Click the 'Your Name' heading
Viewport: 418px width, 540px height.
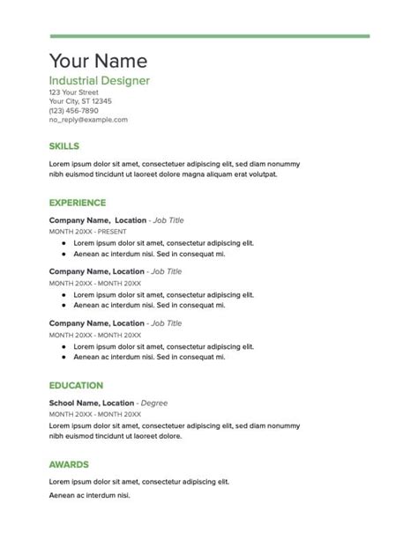click(x=98, y=61)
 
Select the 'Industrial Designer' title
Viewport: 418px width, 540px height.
click(x=99, y=81)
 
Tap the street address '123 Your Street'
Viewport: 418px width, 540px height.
click(x=73, y=92)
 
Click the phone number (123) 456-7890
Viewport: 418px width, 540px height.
click(x=74, y=110)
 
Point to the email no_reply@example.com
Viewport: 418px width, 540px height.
click(x=88, y=120)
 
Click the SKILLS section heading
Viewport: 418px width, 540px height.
click(x=64, y=145)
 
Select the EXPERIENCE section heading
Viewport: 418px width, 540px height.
click(x=78, y=202)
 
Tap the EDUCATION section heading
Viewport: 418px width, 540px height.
click(x=76, y=385)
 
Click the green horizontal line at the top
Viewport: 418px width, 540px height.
click(x=209, y=36)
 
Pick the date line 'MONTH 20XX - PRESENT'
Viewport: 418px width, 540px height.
click(x=87, y=231)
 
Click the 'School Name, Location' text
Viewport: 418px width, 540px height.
click(x=92, y=403)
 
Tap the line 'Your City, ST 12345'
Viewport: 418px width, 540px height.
click(x=80, y=101)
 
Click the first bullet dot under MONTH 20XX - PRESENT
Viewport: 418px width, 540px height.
click(x=63, y=242)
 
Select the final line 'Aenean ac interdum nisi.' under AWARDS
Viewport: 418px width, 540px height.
click(x=89, y=496)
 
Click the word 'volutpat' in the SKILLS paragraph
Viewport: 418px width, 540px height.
click(x=257, y=174)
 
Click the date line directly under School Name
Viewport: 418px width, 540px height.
click(x=94, y=413)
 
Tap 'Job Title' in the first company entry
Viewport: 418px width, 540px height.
click(x=168, y=220)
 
